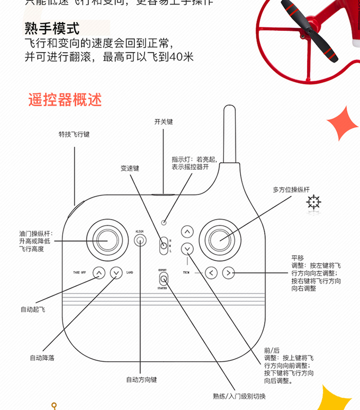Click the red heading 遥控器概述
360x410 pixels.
(x=65, y=99)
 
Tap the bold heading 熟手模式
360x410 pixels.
(x=52, y=28)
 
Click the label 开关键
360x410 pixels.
(x=164, y=122)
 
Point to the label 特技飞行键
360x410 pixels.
(x=74, y=135)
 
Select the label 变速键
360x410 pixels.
(x=130, y=168)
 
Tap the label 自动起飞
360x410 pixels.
(x=33, y=309)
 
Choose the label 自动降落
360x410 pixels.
(x=42, y=358)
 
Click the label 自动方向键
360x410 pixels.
(x=142, y=380)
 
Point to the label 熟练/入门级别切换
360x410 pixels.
(x=239, y=396)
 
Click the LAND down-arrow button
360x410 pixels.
(x=116, y=273)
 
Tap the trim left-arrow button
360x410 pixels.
(x=212, y=273)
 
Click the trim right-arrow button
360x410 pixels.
(x=229, y=273)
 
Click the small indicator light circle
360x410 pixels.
(x=164, y=223)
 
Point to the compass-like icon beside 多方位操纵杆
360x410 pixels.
(x=314, y=203)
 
